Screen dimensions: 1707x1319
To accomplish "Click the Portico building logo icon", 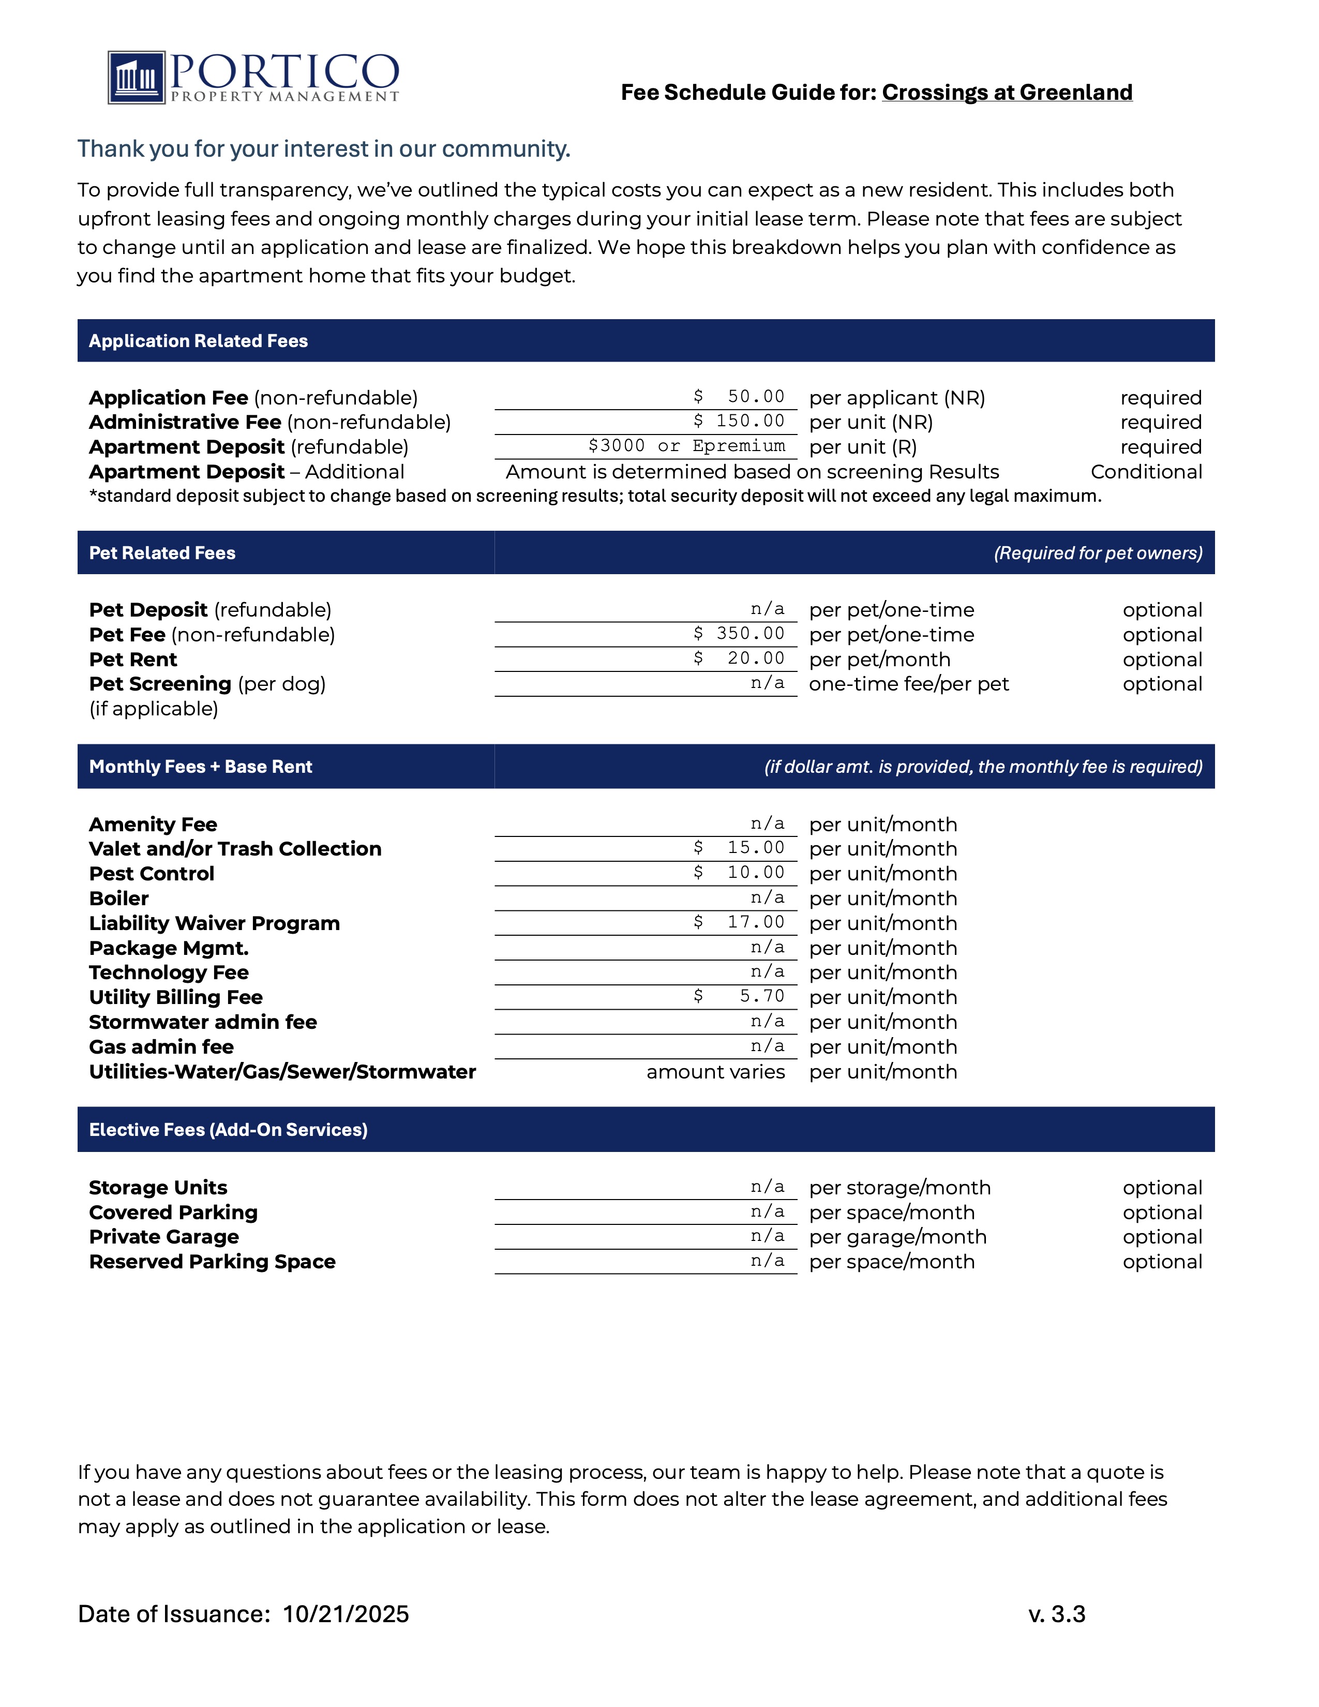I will click(x=137, y=78).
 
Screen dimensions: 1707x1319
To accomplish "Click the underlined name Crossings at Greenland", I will click(x=1007, y=92).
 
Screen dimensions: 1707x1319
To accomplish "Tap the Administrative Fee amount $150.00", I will click(x=739, y=421).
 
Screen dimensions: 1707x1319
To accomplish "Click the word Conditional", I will click(x=1146, y=472).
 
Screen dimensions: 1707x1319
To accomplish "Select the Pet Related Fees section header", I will click(x=162, y=553).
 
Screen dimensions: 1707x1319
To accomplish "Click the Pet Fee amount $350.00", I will click(x=739, y=634).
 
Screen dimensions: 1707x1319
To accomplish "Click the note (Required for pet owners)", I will click(x=1097, y=553).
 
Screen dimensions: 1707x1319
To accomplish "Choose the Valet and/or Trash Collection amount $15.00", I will click(x=739, y=848).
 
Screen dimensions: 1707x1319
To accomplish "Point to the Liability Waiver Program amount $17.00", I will click(x=739, y=922).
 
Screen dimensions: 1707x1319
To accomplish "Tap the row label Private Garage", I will click(x=164, y=1237).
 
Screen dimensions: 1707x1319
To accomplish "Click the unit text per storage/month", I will click(x=900, y=1188).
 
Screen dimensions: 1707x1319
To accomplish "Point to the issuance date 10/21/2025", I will click(x=346, y=1614).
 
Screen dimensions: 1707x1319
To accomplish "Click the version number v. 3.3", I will click(x=1056, y=1614).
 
